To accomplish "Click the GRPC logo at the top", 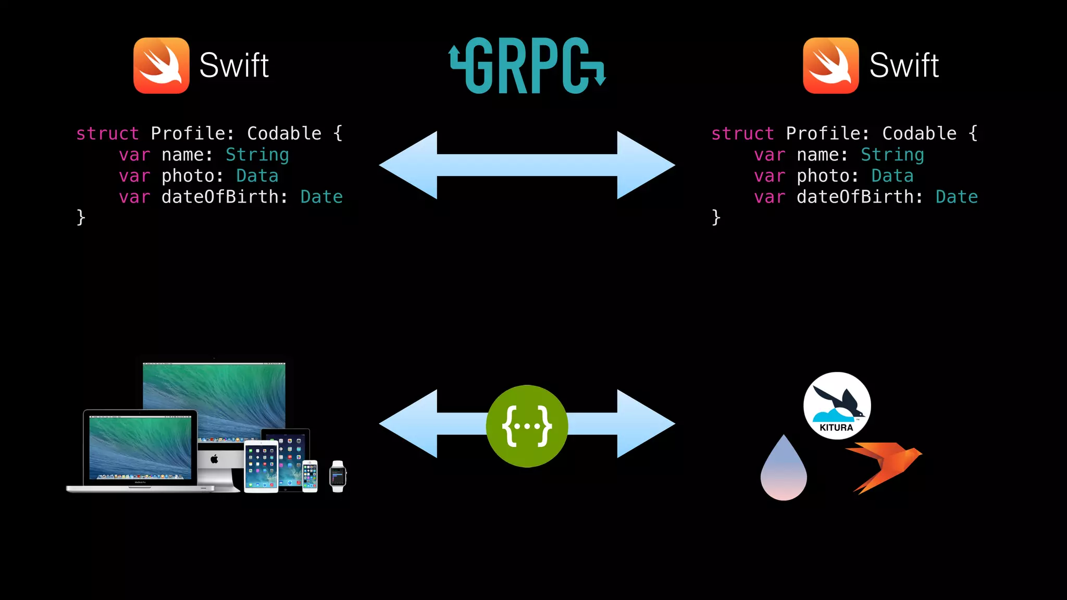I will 527,66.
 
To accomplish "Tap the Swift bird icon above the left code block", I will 162,66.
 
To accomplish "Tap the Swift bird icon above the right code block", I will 831,66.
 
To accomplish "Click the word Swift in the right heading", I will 904,66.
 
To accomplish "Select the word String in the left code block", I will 257,155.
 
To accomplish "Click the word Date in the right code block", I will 957,197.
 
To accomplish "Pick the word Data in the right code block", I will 892,176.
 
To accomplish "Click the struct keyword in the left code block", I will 107,134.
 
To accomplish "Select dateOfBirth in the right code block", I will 854,197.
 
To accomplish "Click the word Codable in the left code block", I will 284,134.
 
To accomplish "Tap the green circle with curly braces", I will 527,426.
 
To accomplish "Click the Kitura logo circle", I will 837,405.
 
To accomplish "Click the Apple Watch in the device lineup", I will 338,476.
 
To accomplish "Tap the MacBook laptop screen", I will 140,447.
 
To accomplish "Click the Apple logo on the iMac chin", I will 214,459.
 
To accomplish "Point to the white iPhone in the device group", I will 310,476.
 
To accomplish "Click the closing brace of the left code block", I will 81,217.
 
